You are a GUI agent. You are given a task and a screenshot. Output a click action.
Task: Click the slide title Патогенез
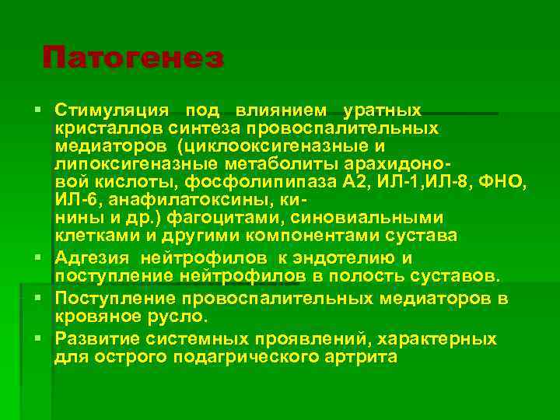[x=133, y=58]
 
